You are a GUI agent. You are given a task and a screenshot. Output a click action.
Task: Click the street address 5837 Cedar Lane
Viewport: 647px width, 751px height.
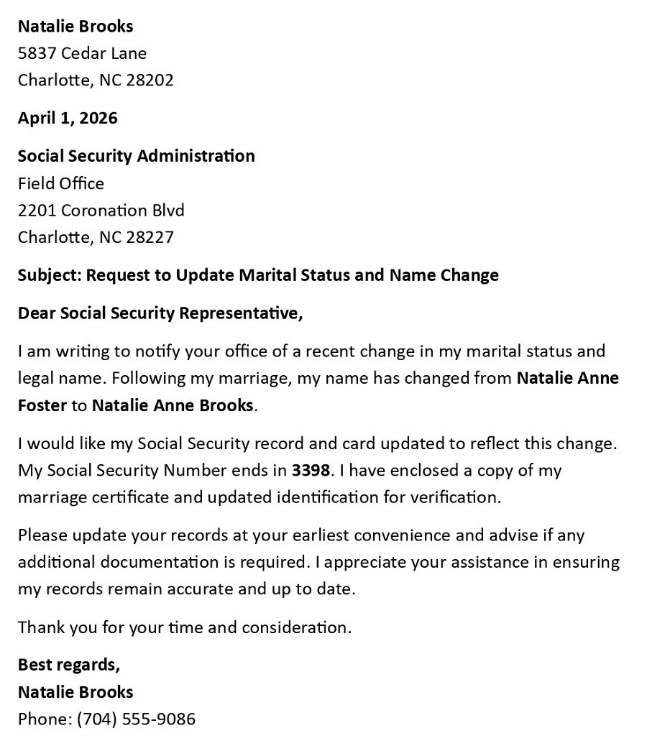coord(82,53)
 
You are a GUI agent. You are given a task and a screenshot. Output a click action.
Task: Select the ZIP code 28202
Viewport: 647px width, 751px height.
coord(150,80)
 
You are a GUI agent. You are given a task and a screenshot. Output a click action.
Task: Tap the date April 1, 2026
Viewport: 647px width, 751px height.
coord(68,118)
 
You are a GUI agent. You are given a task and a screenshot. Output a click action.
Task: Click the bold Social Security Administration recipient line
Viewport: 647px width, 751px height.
coord(136,156)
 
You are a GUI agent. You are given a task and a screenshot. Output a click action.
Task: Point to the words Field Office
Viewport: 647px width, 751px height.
coord(61,183)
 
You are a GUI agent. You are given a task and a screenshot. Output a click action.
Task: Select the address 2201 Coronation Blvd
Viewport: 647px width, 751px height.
coord(101,211)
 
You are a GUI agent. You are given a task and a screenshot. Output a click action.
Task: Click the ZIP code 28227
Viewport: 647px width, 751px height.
coord(150,237)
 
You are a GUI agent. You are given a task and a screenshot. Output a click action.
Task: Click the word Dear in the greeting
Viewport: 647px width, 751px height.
coord(36,313)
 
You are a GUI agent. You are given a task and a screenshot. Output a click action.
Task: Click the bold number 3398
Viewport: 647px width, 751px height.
coord(311,471)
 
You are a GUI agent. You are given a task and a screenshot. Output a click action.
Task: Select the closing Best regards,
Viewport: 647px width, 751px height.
coord(69,665)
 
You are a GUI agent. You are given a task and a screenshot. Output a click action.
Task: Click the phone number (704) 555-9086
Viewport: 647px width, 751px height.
coord(136,719)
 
